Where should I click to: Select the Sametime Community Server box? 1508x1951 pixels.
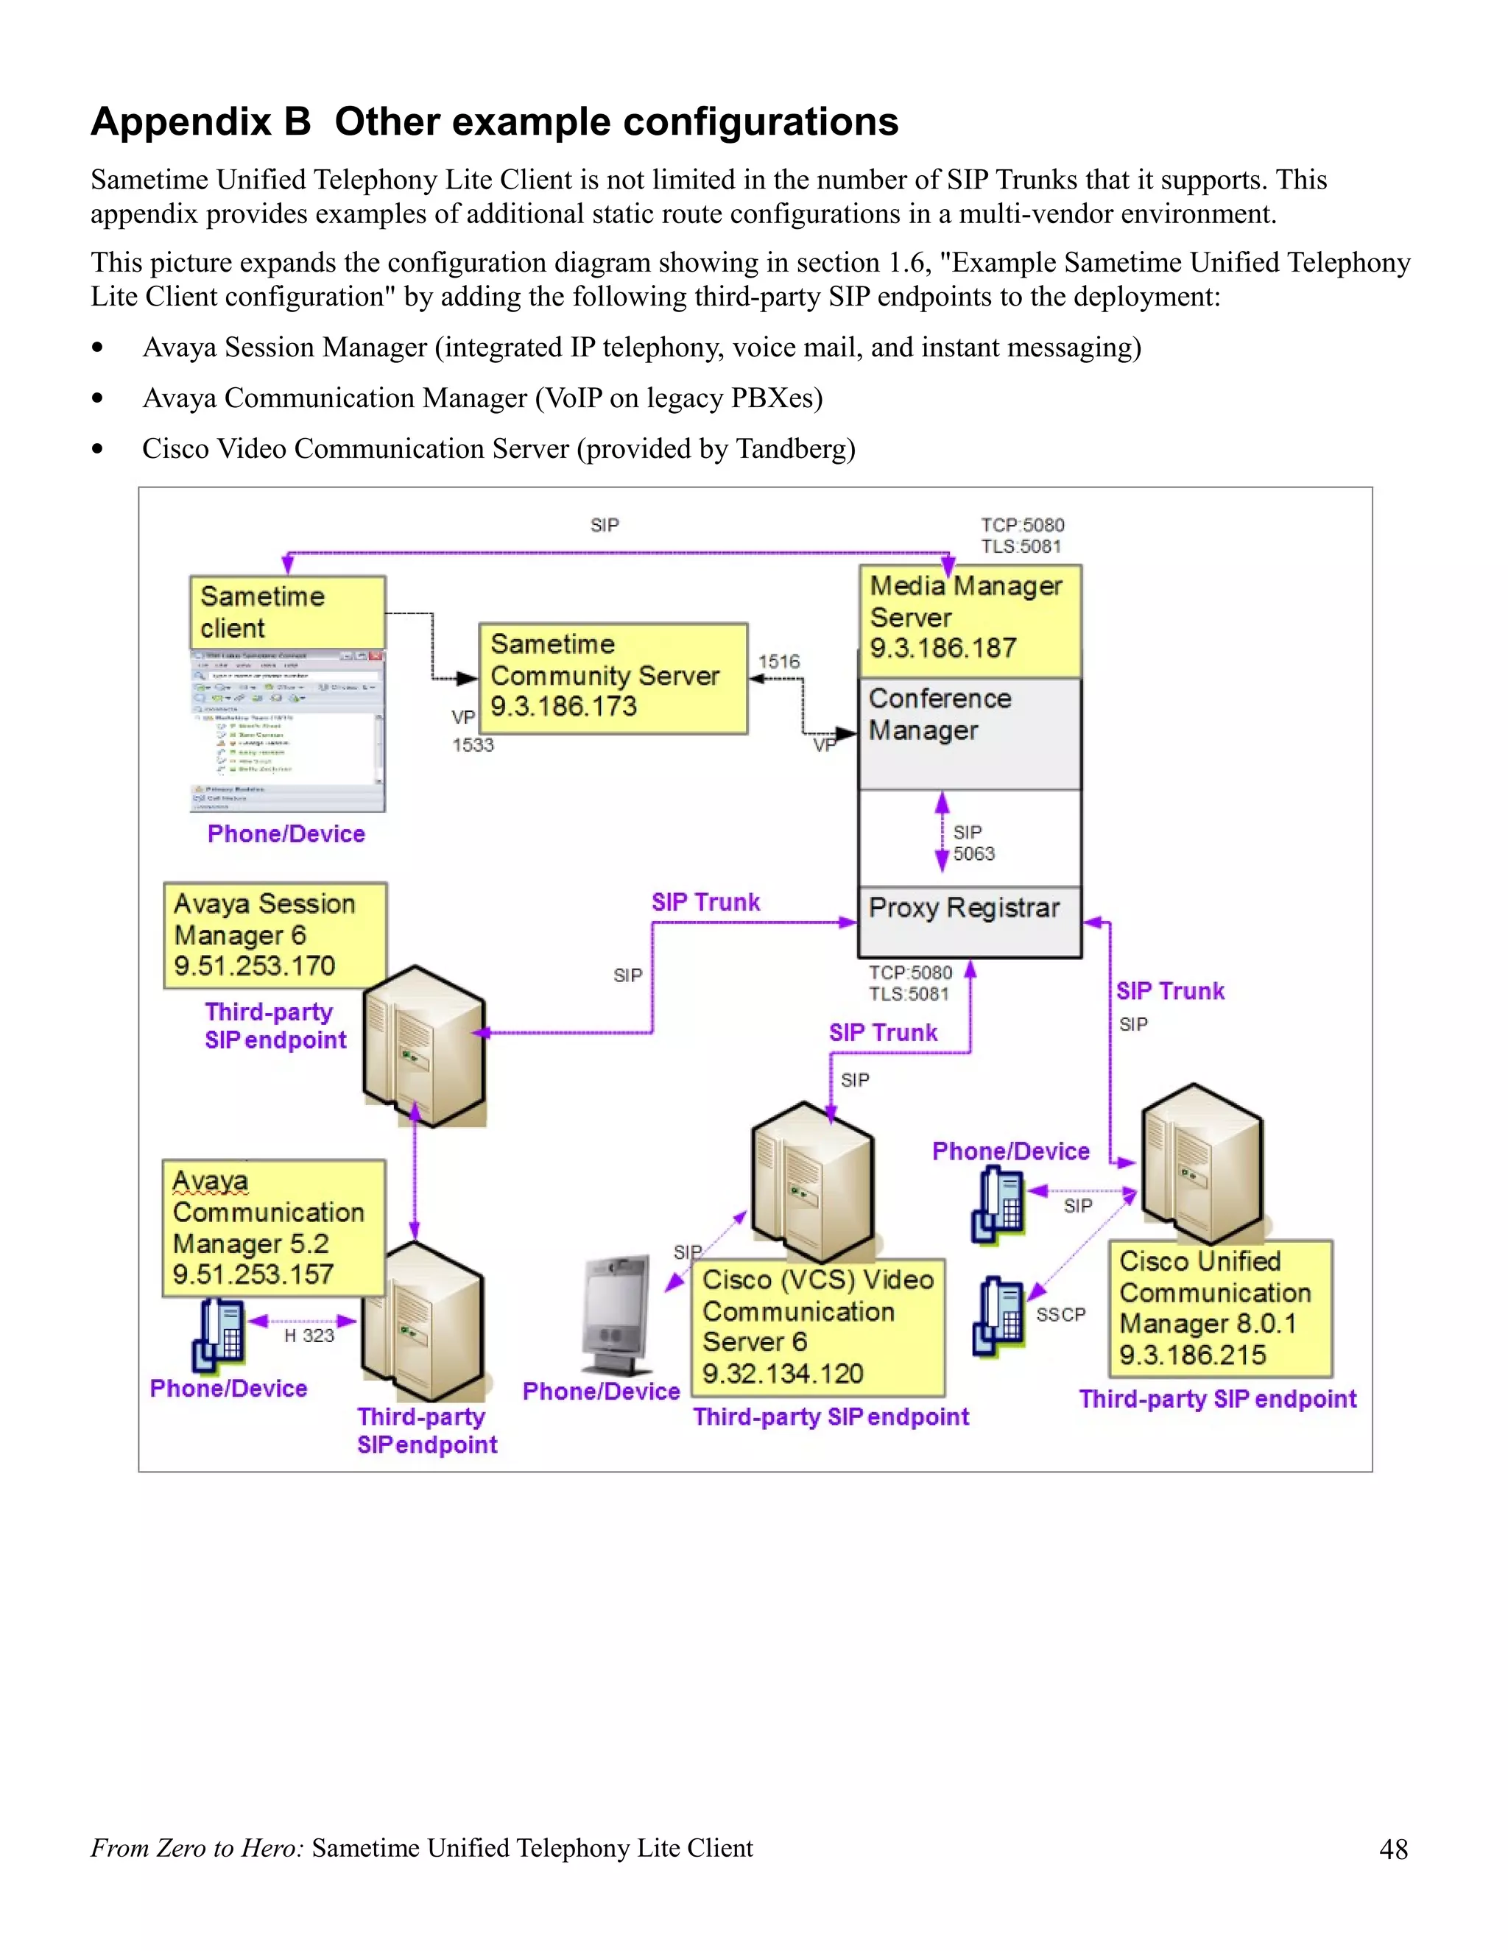click(x=612, y=678)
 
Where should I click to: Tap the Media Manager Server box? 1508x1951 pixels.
click(x=969, y=620)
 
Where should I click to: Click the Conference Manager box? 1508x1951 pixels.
click(x=969, y=733)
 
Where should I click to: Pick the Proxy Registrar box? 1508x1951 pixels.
click(x=969, y=921)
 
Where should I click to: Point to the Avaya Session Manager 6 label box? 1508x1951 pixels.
click(x=274, y=935)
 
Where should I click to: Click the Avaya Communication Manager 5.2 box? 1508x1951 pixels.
click(x=272, y=1228)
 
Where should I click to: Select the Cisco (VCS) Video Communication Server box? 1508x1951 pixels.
click(x=817, y=1327)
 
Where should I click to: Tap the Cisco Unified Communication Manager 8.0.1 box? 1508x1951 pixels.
click(x=1219, y=1309)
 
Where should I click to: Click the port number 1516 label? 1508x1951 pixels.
click(x=779, y=662)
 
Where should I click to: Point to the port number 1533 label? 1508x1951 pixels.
click(x=473, y=745)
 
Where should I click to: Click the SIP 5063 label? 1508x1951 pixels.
click(x=973, y=843)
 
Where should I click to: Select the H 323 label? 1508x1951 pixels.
click(x=309, y=1336)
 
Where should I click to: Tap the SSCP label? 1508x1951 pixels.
click(x=1060, y=1315)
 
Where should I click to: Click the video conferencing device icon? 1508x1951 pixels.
click(x=616, y=1315)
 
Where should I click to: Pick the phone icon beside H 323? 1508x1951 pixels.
click(x=218, y=1335)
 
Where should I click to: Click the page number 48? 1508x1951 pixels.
click(x=1392, y=1848)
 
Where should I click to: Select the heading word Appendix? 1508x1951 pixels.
click(x=200, y=121)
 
